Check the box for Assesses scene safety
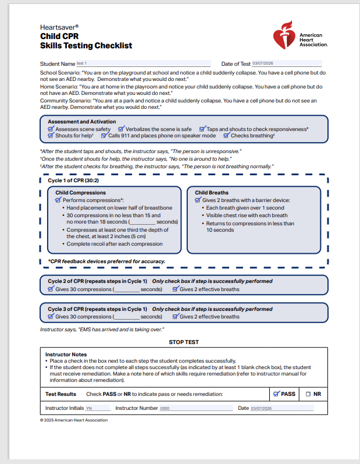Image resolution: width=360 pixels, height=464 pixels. (51, 129)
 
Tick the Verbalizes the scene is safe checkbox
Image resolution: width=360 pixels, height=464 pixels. (121, 129)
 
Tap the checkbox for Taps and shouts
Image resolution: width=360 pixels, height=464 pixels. (202, 129)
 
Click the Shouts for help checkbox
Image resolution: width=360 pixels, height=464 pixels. (51, 136)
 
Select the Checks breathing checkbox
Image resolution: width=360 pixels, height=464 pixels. (227, 136)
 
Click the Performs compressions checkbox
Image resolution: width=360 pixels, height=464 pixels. (58, 200)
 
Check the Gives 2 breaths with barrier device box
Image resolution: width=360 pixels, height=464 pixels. (198, 200)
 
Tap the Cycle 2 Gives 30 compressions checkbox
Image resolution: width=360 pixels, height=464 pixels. (51, 289)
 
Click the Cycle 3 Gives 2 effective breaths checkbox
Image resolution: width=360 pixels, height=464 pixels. (175, 317)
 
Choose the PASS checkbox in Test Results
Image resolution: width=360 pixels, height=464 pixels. (276, 394)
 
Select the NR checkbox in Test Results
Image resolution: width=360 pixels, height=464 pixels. (308, 394)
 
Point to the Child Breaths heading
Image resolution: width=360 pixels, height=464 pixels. (212, 192)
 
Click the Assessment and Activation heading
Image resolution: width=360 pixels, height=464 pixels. (81, 122)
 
